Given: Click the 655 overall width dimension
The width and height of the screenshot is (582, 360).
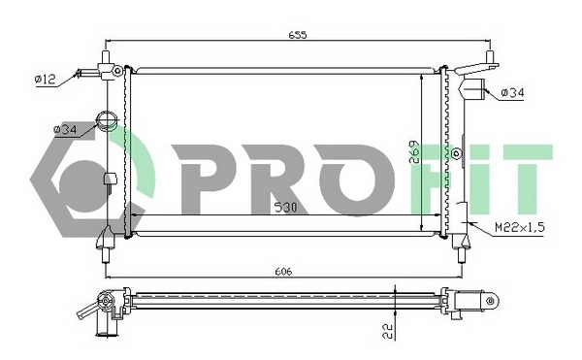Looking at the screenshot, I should click(298, 36).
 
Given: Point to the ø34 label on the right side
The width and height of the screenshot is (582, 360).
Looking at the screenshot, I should click(513, 93).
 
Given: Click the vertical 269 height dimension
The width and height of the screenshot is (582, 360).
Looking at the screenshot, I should click(412, 155).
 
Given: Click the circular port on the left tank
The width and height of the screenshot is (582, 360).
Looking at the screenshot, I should click(107, 123).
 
